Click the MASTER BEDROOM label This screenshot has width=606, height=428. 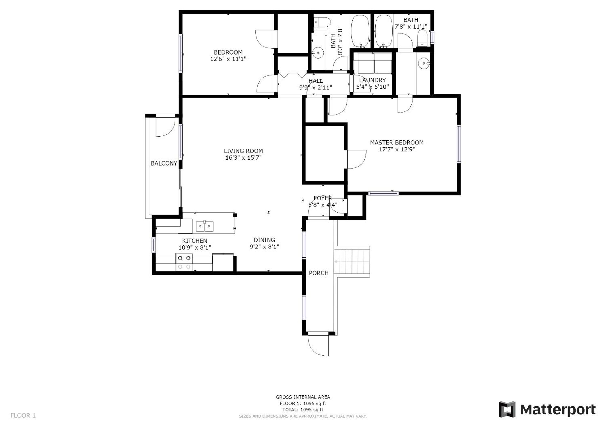[x=397, y=143]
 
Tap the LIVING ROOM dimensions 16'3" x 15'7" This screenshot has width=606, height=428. [x=243, y=158]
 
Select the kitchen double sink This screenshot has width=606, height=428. [x=205, y=226]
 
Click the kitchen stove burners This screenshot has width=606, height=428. [x=184, y=262]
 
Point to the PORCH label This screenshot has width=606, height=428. [x=319, y=273]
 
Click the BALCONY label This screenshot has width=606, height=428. [x=164, y=163]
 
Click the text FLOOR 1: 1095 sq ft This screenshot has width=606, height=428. [x=303, y=404]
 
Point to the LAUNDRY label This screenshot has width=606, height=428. [x=372, y=80]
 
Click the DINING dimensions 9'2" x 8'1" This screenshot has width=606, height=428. [x=264, y=247]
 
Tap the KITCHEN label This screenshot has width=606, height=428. [x=194, y=241]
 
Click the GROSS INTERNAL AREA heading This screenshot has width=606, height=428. [x=303, y=397]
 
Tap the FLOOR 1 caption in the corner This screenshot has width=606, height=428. [x=23, y=416]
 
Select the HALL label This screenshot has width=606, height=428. [x=316, y=81]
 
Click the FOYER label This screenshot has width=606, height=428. [x=323, y=198]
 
